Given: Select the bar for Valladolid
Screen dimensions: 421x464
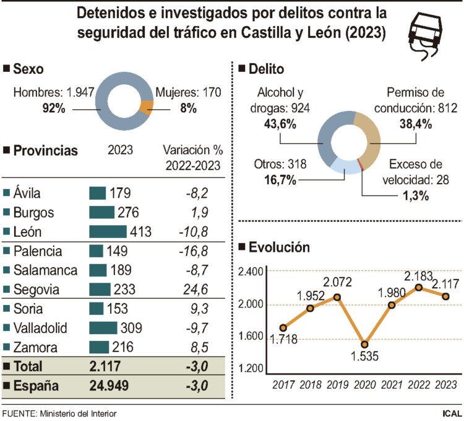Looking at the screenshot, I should point(103,327).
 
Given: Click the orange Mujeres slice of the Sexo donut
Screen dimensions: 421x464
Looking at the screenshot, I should point(145,107).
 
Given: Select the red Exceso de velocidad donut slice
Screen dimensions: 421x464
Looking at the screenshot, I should point(360,164).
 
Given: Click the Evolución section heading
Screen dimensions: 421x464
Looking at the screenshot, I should point(279,247).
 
